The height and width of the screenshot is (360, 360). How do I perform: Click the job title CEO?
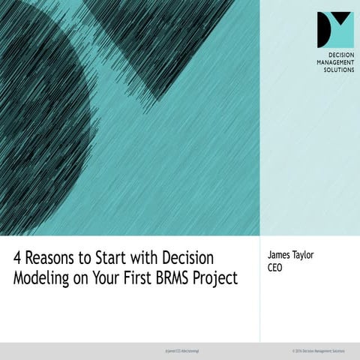[274, 268]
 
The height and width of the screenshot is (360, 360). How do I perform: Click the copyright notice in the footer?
[313, 350]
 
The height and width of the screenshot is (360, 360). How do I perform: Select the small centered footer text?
[180, 350]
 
